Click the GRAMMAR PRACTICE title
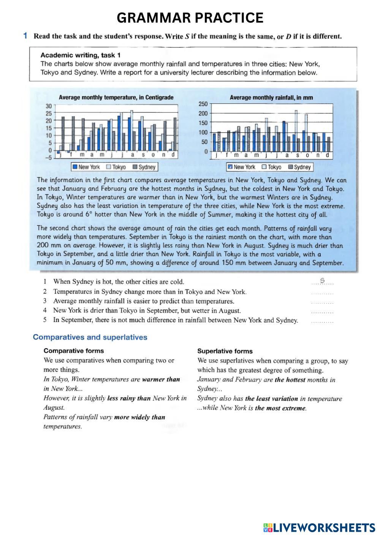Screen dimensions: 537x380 [x=190, y=18]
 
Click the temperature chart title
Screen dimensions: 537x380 [x=116, y=98]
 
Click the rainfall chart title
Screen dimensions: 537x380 [x=271, y=98]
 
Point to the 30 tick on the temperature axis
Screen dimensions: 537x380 [x=48, y=106]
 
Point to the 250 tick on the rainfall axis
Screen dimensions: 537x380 [x=203, y=104]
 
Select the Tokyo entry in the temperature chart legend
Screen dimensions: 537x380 [x=116, y=167]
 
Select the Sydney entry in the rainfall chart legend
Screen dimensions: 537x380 [x=299, y=167]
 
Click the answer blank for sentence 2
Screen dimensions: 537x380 [x=322, y=292]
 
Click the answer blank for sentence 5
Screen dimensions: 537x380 [x=322, y=321]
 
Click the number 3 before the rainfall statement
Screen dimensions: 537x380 [x=45, y=301]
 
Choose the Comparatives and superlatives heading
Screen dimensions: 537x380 [x=90, y=337]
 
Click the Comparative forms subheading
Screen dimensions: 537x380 [x=74, y=351]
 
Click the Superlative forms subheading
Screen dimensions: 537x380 [x=225, y=351]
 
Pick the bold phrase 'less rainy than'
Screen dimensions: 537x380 [x=129, y=398]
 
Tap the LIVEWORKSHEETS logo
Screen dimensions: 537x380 [x=319, y=528]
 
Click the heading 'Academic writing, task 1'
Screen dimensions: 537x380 [x=81, y=55]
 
